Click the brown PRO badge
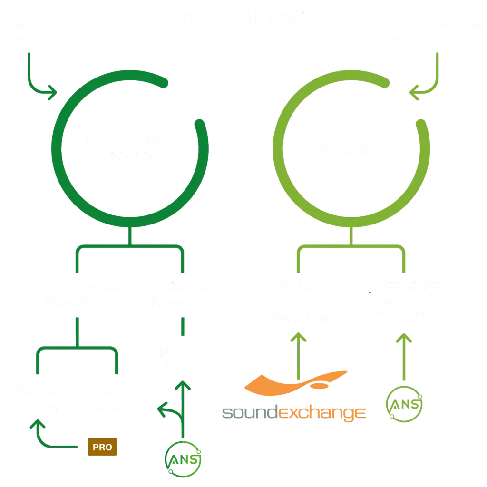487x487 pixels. point(102,447)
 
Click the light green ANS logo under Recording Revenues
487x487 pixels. point(405,405)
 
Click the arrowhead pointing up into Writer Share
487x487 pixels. point(36,425)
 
